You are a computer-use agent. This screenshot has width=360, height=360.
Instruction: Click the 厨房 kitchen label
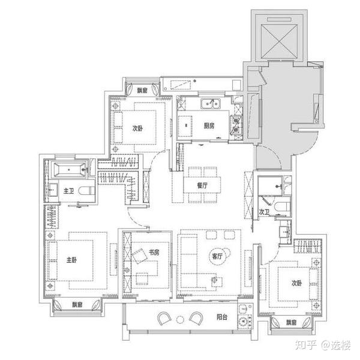[x=209, y=125]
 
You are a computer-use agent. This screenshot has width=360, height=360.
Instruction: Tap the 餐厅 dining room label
[x=202, y=185]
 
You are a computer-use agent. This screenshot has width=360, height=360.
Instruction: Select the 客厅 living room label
[x=217, y=256]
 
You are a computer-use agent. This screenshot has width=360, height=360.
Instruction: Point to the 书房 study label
[x=154, y=253]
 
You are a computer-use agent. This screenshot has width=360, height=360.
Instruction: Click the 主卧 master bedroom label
[x=71, y=260]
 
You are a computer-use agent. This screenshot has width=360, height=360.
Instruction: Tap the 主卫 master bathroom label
[x=68, y=191]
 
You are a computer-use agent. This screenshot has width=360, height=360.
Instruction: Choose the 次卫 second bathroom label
[x=264, y=212]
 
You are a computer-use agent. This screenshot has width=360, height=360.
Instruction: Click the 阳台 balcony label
[x=222, y=317]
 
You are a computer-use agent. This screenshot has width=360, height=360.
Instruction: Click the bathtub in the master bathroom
[x=69, y=169]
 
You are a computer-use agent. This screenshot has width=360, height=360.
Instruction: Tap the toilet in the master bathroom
[x=86, y=191]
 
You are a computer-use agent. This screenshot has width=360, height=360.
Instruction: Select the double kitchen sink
[x=211, y=104]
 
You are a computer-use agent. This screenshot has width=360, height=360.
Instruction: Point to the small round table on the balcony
[x=180, y=319]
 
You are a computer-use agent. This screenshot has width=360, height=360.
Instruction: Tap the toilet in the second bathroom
[x=282, y=206]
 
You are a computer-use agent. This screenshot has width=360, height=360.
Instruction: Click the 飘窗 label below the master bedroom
[x=77, y=305]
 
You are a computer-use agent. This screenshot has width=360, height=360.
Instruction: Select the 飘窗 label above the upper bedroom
[x=142, y=90]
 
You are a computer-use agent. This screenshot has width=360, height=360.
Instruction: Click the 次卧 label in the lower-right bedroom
[x=296, y=283]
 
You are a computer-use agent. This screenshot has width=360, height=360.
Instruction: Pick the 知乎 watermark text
[x=306, y=345]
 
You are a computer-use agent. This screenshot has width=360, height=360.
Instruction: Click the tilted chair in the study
[x=139, y=256]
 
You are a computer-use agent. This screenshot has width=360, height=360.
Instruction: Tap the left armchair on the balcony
[x=164, y=319]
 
